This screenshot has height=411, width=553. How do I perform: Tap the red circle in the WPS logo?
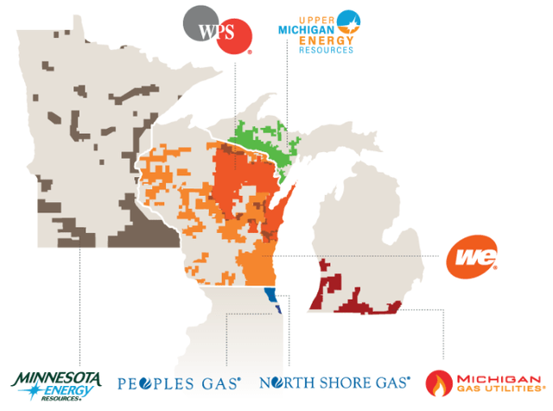232,36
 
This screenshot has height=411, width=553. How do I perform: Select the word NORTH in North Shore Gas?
287,381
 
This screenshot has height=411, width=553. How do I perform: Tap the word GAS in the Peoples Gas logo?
222,381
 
